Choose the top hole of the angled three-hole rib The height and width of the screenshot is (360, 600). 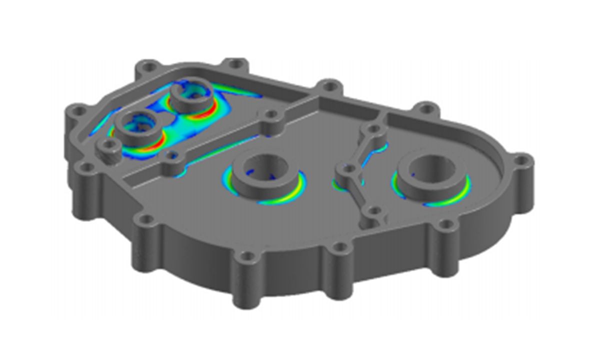point(372,131)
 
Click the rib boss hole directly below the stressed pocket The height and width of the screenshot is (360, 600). point(172,155)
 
